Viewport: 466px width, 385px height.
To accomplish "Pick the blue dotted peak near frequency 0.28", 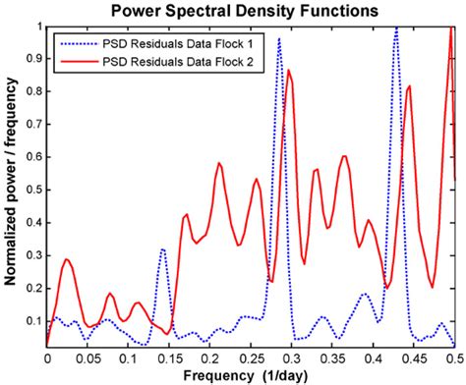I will click(x=279, y=40).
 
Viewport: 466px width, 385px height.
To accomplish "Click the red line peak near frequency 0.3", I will click(x=289, y=71).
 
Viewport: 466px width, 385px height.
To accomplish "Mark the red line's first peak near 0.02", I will click(x=66, y=260).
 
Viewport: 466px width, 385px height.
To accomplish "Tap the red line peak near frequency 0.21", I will click(x=218, y=163).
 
